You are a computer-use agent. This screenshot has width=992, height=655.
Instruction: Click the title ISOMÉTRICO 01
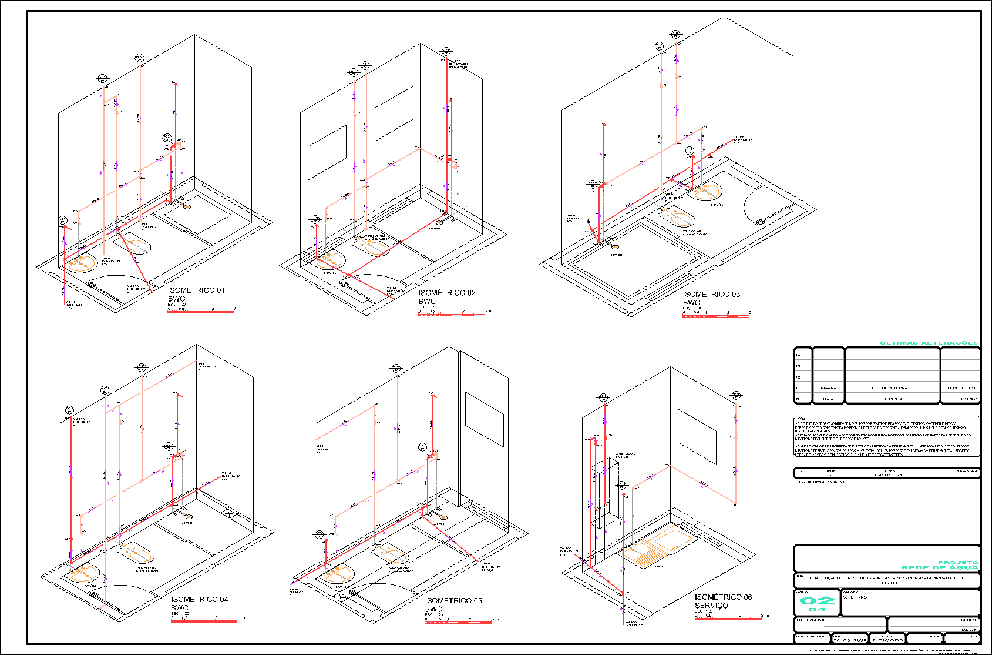pyautogui.click(x=196, y=290)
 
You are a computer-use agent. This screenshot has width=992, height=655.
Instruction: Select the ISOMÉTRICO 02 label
pyautogui.click(x=447, y=293)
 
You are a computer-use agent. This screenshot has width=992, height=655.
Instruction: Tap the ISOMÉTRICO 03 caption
pyautogui.click(x=711, y=294)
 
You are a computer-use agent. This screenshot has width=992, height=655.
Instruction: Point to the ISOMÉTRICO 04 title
pyautogui.click(x=200, y=600)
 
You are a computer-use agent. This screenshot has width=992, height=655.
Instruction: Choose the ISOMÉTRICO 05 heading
pyautogui.click(x=453, y=601)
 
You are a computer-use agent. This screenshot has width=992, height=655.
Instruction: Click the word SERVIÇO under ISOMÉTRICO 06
pyautogui.click(x=711, y=606)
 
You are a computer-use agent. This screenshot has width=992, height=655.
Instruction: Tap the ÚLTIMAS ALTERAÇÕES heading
pyautogui.click(x=929, y=343)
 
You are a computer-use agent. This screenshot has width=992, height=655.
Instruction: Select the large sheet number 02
pyautogui.click(x=817, y=601)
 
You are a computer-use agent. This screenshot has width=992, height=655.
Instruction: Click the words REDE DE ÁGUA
pyautogui.click(x=940, y=567)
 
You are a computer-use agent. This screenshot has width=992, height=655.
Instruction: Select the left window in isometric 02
pyautogui.click(x=327, y=152)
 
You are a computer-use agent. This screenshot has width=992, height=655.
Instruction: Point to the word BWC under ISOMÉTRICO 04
pyautogui.click(x=180, y=608)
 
